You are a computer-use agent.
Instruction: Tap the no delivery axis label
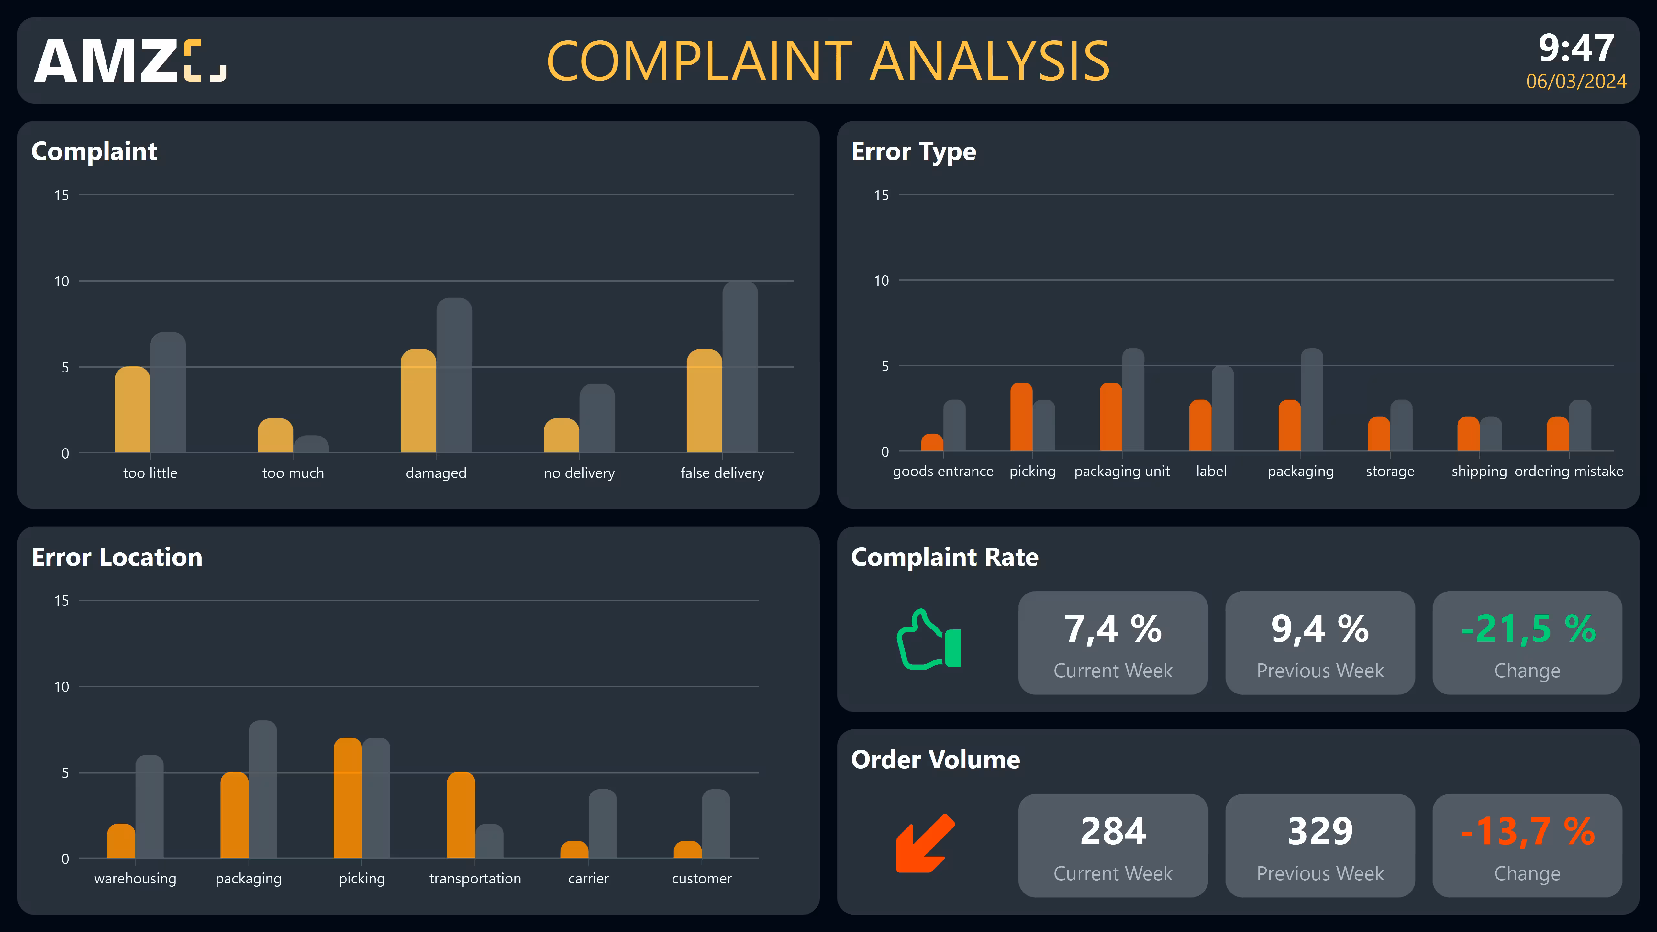click(579, 473)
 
